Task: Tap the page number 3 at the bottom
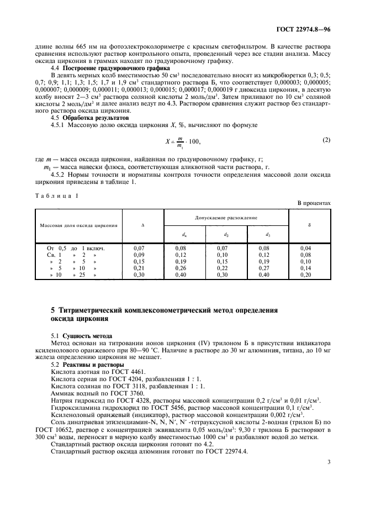pos(328,486)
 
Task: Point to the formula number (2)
pos(326,140)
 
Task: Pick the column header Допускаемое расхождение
pos(226,219)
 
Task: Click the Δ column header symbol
pos(142,225)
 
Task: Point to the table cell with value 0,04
pos(305,249)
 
